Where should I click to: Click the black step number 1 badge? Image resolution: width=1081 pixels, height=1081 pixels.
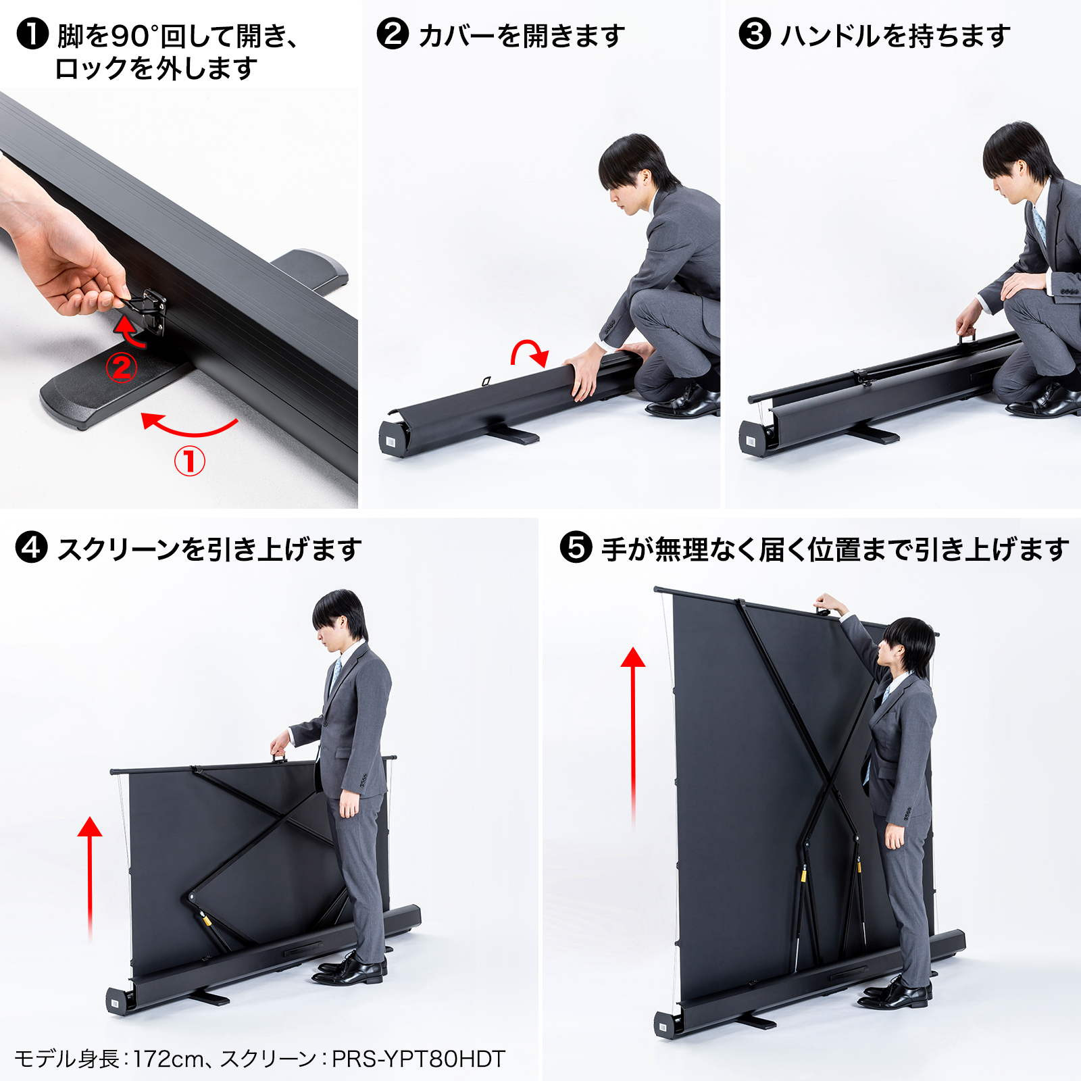[32, 34]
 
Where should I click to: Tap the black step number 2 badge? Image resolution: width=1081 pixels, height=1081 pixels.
[393, 34]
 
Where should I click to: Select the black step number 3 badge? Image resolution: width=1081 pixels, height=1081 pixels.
[755, 34]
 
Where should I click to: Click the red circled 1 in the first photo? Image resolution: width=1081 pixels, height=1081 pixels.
[190, 461]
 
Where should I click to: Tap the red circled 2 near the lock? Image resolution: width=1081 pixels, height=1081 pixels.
[122, 368]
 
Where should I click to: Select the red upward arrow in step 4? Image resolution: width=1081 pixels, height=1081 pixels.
[90, 878]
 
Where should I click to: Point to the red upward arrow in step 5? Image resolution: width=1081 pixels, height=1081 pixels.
[633, 736]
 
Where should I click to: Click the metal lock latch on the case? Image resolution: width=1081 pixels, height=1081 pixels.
[149, 309]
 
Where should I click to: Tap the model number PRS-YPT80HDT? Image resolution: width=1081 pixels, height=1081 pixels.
[419, 1058]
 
